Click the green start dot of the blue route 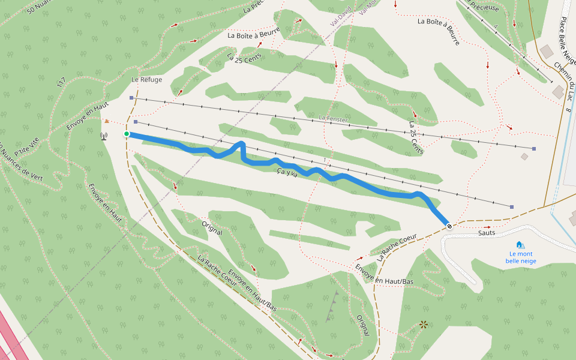pyautogui.click(x=127, y=134)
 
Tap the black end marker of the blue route pyautogui.click(x=449, y=225)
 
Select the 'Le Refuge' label pyautogui.click(x=147, y=79)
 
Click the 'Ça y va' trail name pyautogui.click(x=288, y=173)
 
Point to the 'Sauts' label pyautogui.click(x=487, y=232)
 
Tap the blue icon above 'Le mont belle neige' pyautogui.click(x=520, y=245)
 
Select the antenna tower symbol pyautogui.click(x=104, y=136)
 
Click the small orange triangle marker pyautogui.click(x=107, y=121)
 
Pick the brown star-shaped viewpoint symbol pyautogui.click(x=424, y=324)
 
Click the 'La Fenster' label pyautogui.click(x=334, y=119)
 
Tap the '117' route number pyautogui.click(x=61, y=83)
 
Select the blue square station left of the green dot pyautogui.click(x=136, y=122)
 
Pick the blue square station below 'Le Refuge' pyautogui.click(x=131, y=97)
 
